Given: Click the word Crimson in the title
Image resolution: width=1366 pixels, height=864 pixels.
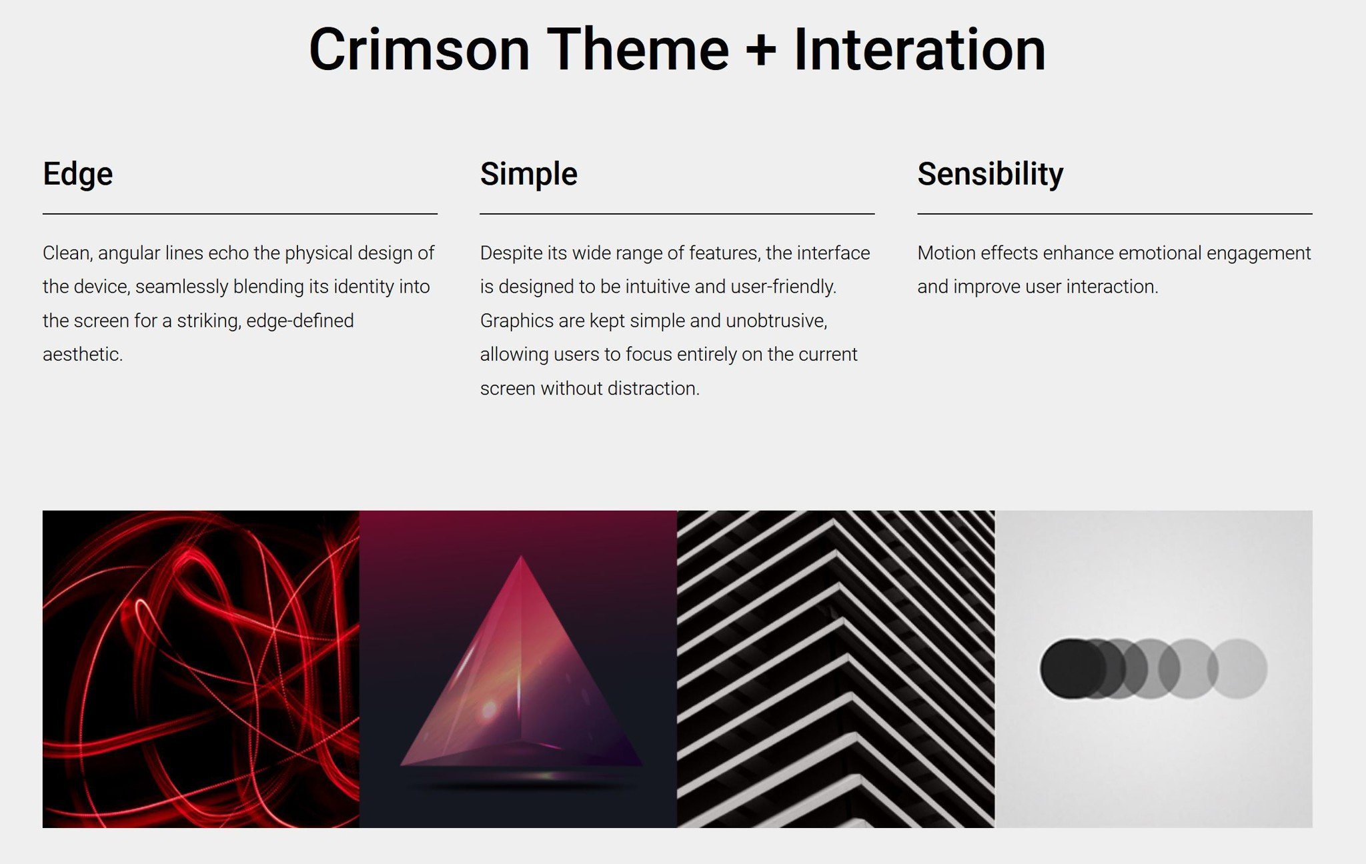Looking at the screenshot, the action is click(x=420, y=49).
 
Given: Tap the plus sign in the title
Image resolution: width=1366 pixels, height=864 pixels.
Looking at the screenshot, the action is click(x=761, y=50).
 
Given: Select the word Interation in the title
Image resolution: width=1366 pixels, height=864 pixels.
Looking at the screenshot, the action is click(x=919, y=49).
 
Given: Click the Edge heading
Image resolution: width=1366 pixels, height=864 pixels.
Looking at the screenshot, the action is click(x=78, y=175).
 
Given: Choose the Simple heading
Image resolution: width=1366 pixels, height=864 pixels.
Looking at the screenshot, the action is click(x=528, y=175).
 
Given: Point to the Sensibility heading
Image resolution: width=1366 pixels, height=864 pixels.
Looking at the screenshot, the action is click(x=990, y=175).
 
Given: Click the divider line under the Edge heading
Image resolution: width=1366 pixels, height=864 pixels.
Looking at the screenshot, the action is click(x=240, y=214).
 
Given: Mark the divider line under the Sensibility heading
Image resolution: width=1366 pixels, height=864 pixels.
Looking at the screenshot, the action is click(x=1115, y=214).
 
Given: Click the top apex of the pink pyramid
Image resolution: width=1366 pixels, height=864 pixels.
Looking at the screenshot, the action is click(x=521, y=556).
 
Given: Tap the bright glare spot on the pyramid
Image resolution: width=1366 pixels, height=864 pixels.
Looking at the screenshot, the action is click(x=490, y=709).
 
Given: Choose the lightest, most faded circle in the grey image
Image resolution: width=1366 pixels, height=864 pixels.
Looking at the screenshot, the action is click(x=1238, y=669).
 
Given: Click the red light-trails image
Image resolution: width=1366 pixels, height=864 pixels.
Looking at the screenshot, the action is click(x=201, y=669).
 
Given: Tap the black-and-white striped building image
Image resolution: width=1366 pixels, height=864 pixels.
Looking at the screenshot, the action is click(x=836, y=669).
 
